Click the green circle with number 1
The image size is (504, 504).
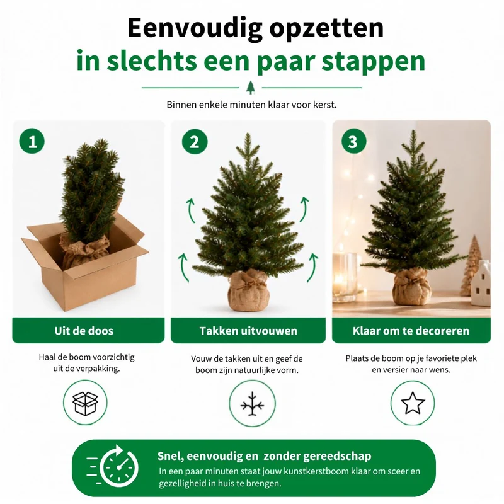(x=32, y=141)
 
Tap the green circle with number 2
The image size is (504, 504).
(x=195, y=141)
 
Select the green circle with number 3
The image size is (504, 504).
(x=353, y=141)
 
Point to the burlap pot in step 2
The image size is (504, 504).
(x=248, y=291)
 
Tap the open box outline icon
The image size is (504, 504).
(x=85, y=403)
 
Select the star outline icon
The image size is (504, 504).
(x=413, y=403)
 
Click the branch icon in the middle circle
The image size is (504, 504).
(x=253, y=404)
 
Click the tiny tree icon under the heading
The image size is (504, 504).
(x=250, y=88)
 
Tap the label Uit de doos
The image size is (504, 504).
(x=84, y=331)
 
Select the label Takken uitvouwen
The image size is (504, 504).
(x=248, y=331)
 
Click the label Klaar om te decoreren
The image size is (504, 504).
(x=411, y=331)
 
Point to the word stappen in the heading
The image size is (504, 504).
(x=374, y=61)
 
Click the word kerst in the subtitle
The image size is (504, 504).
(x=325, y=105)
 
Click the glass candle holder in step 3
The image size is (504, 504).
(x=345, y=277)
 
